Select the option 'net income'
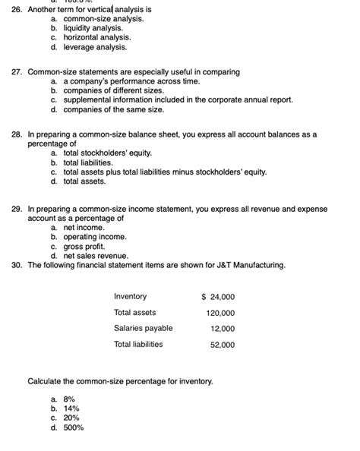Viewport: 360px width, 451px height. (84, 227)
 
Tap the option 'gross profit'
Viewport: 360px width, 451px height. (84, 246)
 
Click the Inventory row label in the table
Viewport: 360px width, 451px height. (131, 296)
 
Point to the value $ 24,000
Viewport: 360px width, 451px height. (218, 297)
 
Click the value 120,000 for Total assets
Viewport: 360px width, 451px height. (220, 313)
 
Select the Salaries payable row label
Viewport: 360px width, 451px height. (143, 328)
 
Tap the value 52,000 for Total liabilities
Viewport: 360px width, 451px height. (223, 345)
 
